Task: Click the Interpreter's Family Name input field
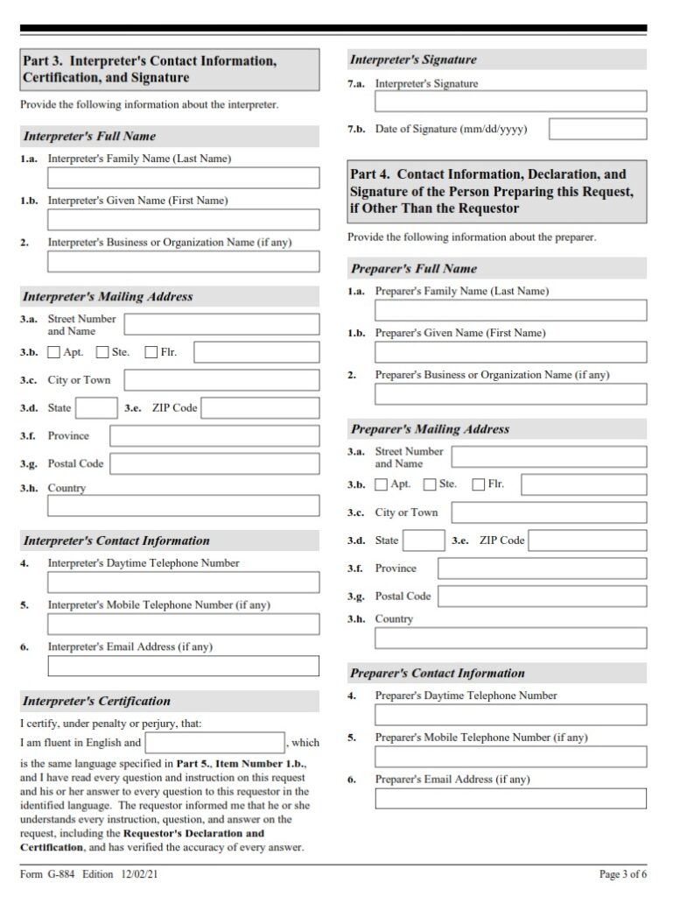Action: (183, 178)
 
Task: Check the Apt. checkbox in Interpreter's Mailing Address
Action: (54, 352)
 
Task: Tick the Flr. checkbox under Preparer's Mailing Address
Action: (479, 484)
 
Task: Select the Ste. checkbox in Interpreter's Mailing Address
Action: (102, 352)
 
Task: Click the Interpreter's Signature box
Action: (510, 102)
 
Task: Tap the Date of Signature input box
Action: (598, 130)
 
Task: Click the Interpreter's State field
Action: (95, 408)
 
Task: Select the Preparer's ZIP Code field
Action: (587, 540)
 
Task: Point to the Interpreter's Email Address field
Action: (183, 666)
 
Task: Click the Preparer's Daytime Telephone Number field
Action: (510, 715)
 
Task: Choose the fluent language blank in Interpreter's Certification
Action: (215, 743)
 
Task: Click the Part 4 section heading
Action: (497, 192)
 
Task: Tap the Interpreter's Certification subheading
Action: (97, 701)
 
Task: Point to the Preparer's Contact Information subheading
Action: (438, 673)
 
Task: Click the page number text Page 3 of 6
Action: (623, 874)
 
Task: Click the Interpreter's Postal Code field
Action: (214, 464)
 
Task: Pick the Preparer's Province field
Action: (542, 569)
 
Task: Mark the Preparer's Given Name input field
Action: (510, 352)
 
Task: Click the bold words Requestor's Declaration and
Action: (193, 834)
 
